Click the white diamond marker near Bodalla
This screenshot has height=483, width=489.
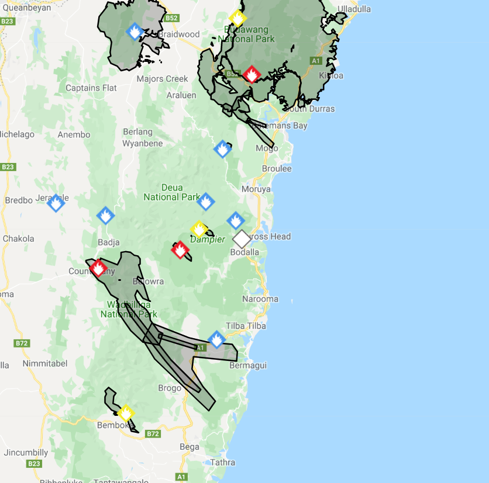tap(242, 239)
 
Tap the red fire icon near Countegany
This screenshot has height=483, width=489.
tap(98, 269)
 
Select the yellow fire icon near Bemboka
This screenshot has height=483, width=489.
tap(126, 413)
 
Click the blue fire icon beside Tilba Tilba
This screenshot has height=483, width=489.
tap(216, 339)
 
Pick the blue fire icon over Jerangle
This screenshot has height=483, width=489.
tap(56, 203)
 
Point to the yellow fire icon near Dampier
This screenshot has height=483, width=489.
tap(199, 229)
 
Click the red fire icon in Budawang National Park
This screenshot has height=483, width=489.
tap(252, 74)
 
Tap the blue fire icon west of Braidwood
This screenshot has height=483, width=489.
tap(135, 31)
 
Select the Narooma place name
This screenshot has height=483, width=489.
tap(260, 299)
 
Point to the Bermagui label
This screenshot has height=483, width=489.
tap(248, 366)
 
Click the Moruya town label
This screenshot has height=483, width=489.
tap(257, 189)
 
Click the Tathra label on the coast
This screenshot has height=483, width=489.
tap(222, 463)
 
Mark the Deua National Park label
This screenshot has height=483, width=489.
tap(172, 192)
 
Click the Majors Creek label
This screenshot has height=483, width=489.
tap(162, 79)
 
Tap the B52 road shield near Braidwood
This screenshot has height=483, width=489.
tap(171, 18)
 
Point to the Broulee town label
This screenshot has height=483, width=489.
tap(277, 169)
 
